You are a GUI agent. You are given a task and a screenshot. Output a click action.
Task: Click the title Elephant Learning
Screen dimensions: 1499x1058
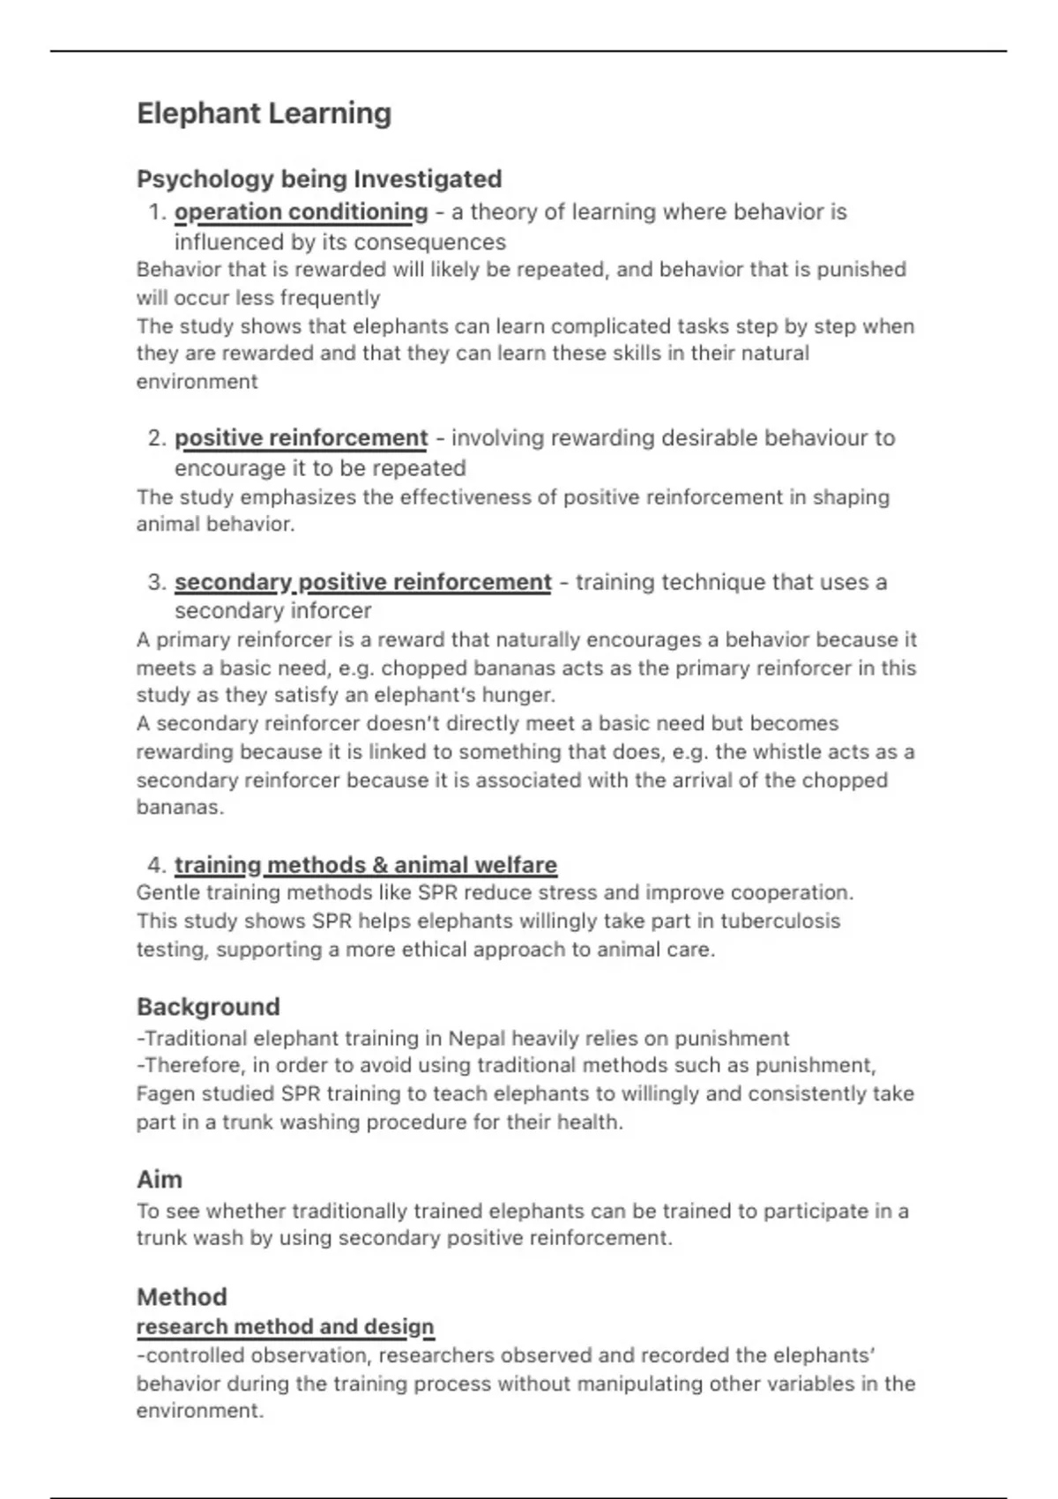tap(264, 114)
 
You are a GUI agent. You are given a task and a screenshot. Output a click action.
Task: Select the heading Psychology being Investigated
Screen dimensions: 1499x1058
tap(319, 179)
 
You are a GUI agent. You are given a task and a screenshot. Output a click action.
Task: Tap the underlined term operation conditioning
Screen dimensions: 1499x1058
tap(301, 213)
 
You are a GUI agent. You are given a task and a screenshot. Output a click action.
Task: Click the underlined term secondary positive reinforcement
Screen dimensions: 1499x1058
tap(362, 583)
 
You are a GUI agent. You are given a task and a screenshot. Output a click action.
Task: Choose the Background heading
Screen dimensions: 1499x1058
tap(208, 1007)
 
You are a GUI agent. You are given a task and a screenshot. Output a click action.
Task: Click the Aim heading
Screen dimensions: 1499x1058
tap(160, 1180)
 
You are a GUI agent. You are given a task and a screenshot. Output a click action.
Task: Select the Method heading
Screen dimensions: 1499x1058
tap(182, 1297)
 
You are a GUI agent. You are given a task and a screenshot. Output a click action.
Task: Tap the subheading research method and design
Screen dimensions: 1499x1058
tap(285, 1327)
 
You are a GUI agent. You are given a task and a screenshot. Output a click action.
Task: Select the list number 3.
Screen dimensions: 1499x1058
tap(157, 583)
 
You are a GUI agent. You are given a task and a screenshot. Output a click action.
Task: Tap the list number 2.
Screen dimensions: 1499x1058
tap(157, 438)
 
